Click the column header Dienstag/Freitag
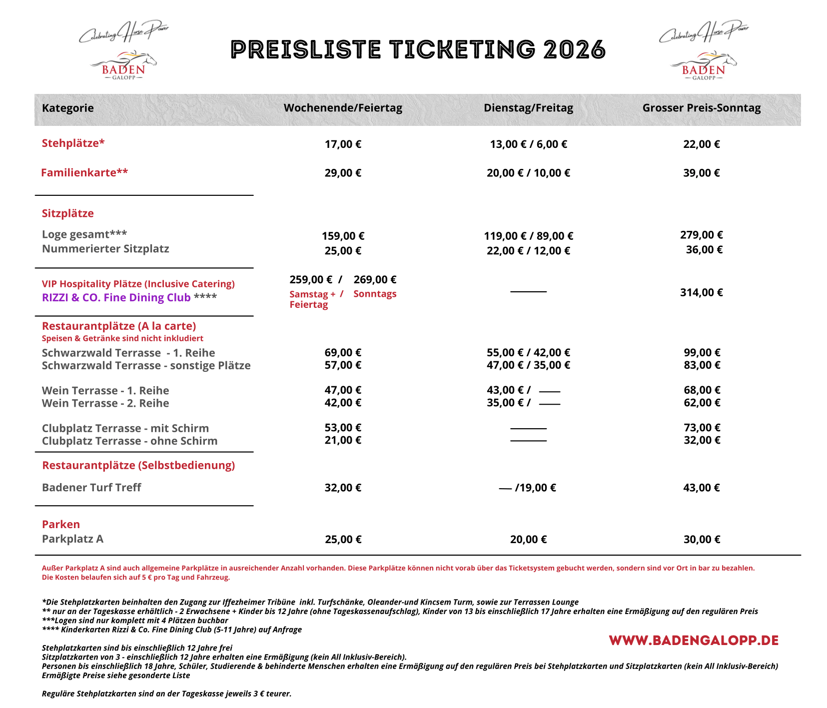(x=528, y=108)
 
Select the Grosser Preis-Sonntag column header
(x=702, y=108)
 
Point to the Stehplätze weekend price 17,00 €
(x=343, y=144)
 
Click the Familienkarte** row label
(x=84, y=173)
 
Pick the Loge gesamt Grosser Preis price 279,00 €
(x=702, y=235)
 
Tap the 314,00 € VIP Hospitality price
(x=702, y=292)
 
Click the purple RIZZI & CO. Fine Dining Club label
(x=116, y=298)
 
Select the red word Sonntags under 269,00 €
(x=375, y=294)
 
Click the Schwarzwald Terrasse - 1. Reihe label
(x=128, y=353)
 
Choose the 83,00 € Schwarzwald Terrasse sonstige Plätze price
(x=702, y=365)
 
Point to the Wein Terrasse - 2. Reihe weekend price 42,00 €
(x=343, y=403)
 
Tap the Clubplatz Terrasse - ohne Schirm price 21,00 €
(x=343, y=440)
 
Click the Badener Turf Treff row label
(x=91, y=488)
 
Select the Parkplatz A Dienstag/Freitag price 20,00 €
(x=528, y=540)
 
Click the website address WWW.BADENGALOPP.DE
(x=694, y=641)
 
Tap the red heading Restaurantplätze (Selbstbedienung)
(x=138, y=466)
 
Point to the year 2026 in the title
(x=574, y=50)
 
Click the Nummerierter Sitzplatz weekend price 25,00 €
(x=343, y=251)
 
